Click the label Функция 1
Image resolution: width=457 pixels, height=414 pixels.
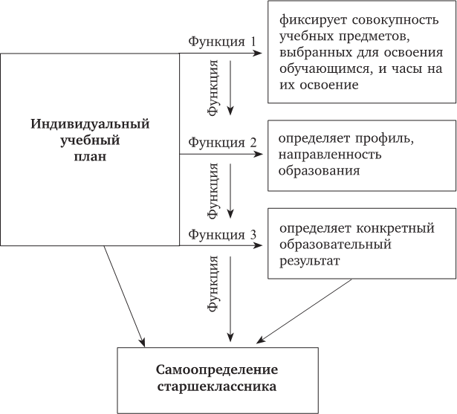click(221, 42)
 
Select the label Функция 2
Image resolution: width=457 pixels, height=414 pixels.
click(221, 142)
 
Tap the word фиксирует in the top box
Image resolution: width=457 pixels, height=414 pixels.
click(311, 19)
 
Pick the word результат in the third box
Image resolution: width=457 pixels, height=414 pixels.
click(310, 262)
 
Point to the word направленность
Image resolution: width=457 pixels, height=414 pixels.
click(330, 155)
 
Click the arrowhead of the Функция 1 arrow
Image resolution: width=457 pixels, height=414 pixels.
click(258, 54)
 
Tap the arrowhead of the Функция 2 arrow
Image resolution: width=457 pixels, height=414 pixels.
click(258, 154)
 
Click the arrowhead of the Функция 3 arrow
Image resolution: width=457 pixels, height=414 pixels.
click(258, 242)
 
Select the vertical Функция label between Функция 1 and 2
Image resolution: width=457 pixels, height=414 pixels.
click(213, 88)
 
